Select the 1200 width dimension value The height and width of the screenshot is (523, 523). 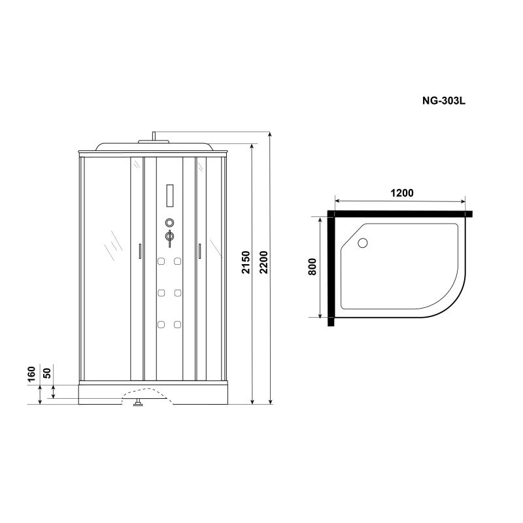(402, 193)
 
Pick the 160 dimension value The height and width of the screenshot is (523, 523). (31, 376)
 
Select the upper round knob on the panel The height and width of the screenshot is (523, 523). (169, 222)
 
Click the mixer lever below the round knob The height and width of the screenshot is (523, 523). (169, 238)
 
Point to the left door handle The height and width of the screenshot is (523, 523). (139, 251)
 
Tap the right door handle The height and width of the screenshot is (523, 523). (199, 251)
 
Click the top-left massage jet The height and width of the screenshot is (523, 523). (160, 262)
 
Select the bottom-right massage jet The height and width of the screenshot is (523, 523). (178, 322)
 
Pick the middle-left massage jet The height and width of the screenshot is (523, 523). (160, 292)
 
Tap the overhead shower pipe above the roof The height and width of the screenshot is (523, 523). (154, 137)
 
